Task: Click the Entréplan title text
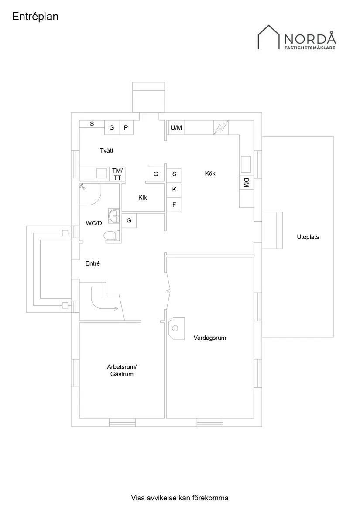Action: (35, 17)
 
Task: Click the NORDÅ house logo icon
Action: (268, 37)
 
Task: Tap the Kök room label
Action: (210, 174)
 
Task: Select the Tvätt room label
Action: (106, 150)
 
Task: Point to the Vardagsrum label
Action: (210, 338)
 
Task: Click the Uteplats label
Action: (308, 237)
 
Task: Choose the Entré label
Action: (93, 263)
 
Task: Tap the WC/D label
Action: (94, 223)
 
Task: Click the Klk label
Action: (143, 198)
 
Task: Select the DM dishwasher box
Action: (246, 183)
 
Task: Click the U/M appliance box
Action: (176, 128)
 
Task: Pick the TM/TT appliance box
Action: (117, 174)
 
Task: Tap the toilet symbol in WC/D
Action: (111, 236)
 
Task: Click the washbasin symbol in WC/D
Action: (114, 216)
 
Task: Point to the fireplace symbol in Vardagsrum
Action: (176, 327)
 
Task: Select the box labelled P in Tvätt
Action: (126, 128)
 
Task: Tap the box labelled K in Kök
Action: (174, 189)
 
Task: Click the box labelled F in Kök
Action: (174, 204)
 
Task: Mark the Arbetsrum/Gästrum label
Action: (122, 370)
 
